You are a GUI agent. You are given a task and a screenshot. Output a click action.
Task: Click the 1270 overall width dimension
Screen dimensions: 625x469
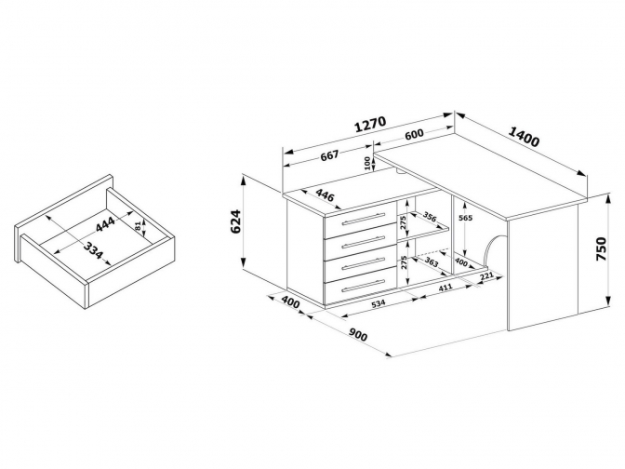pyautogui.click(x=370, y=124)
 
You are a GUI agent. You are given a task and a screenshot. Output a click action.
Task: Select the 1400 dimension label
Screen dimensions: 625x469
pyautogui.click(x=524, y=137)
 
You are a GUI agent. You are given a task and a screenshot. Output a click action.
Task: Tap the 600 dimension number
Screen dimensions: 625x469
pyautogui.click(x=414, y=135)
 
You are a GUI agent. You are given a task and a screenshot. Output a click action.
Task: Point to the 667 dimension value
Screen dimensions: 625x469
pyautogui.click(x=330, y=154)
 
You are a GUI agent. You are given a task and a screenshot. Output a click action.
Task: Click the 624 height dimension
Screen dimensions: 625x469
pyautogui.click(x=236, y=221)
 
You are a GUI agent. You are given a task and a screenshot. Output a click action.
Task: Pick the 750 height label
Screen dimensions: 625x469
pyautogui.click(x=601, y=248)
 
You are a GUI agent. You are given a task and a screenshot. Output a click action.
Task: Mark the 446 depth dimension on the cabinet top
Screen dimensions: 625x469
pyautogui.click(x=325, y=195)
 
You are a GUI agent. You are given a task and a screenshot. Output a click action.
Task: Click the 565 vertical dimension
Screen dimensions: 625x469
pyautogui.click(x=466, y=218)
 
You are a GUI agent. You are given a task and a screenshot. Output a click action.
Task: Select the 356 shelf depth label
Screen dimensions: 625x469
pyautogui.click(x=430, y=217)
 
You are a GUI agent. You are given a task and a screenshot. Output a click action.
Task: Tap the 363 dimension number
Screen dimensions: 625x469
pyautogui.click(x=432, y=262)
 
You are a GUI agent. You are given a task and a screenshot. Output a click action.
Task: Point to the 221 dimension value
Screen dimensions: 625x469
pyautogui.click(x=486, y=276)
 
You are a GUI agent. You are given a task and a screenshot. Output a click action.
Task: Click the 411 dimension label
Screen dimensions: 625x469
pyautogui.click(x=445, y=288)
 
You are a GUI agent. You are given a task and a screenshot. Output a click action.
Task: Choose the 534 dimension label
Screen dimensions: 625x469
pyautogui.click(x=379, y=303)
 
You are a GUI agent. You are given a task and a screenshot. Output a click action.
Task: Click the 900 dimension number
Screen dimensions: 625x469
pyautogui.click(x=358, y=335)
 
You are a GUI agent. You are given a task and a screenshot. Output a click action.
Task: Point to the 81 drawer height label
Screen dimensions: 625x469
pyautogui.click(x=138, y=226)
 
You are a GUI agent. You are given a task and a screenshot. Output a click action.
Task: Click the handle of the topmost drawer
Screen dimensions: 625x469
pyautogui.click(x=363, y=219)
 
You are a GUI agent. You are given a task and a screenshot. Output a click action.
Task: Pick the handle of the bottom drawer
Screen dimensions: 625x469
pyautogui.click(x=363, y=285)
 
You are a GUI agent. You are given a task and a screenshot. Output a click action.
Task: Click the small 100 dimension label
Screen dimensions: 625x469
pyautogui.click(x=366, y=163)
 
